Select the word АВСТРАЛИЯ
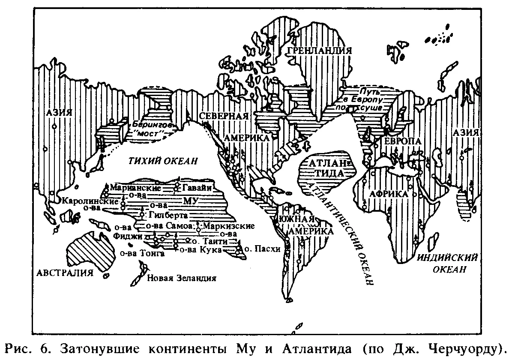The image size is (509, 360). coord(65,273)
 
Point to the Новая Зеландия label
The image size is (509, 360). coord(182,278)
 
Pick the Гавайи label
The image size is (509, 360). coord(198,188)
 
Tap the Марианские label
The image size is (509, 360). coord(135,188)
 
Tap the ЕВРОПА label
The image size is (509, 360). coord(396,141)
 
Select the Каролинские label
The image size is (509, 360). coord(90,201)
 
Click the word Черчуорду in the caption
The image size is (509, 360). coord(466,347)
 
